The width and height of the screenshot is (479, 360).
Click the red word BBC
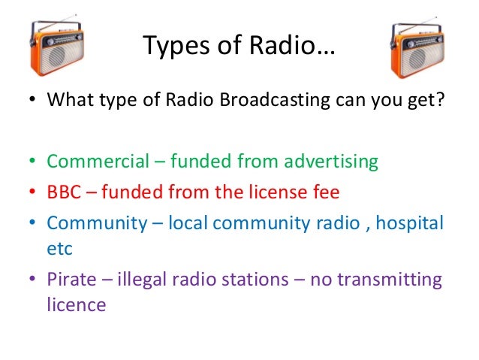click(64, 192)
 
